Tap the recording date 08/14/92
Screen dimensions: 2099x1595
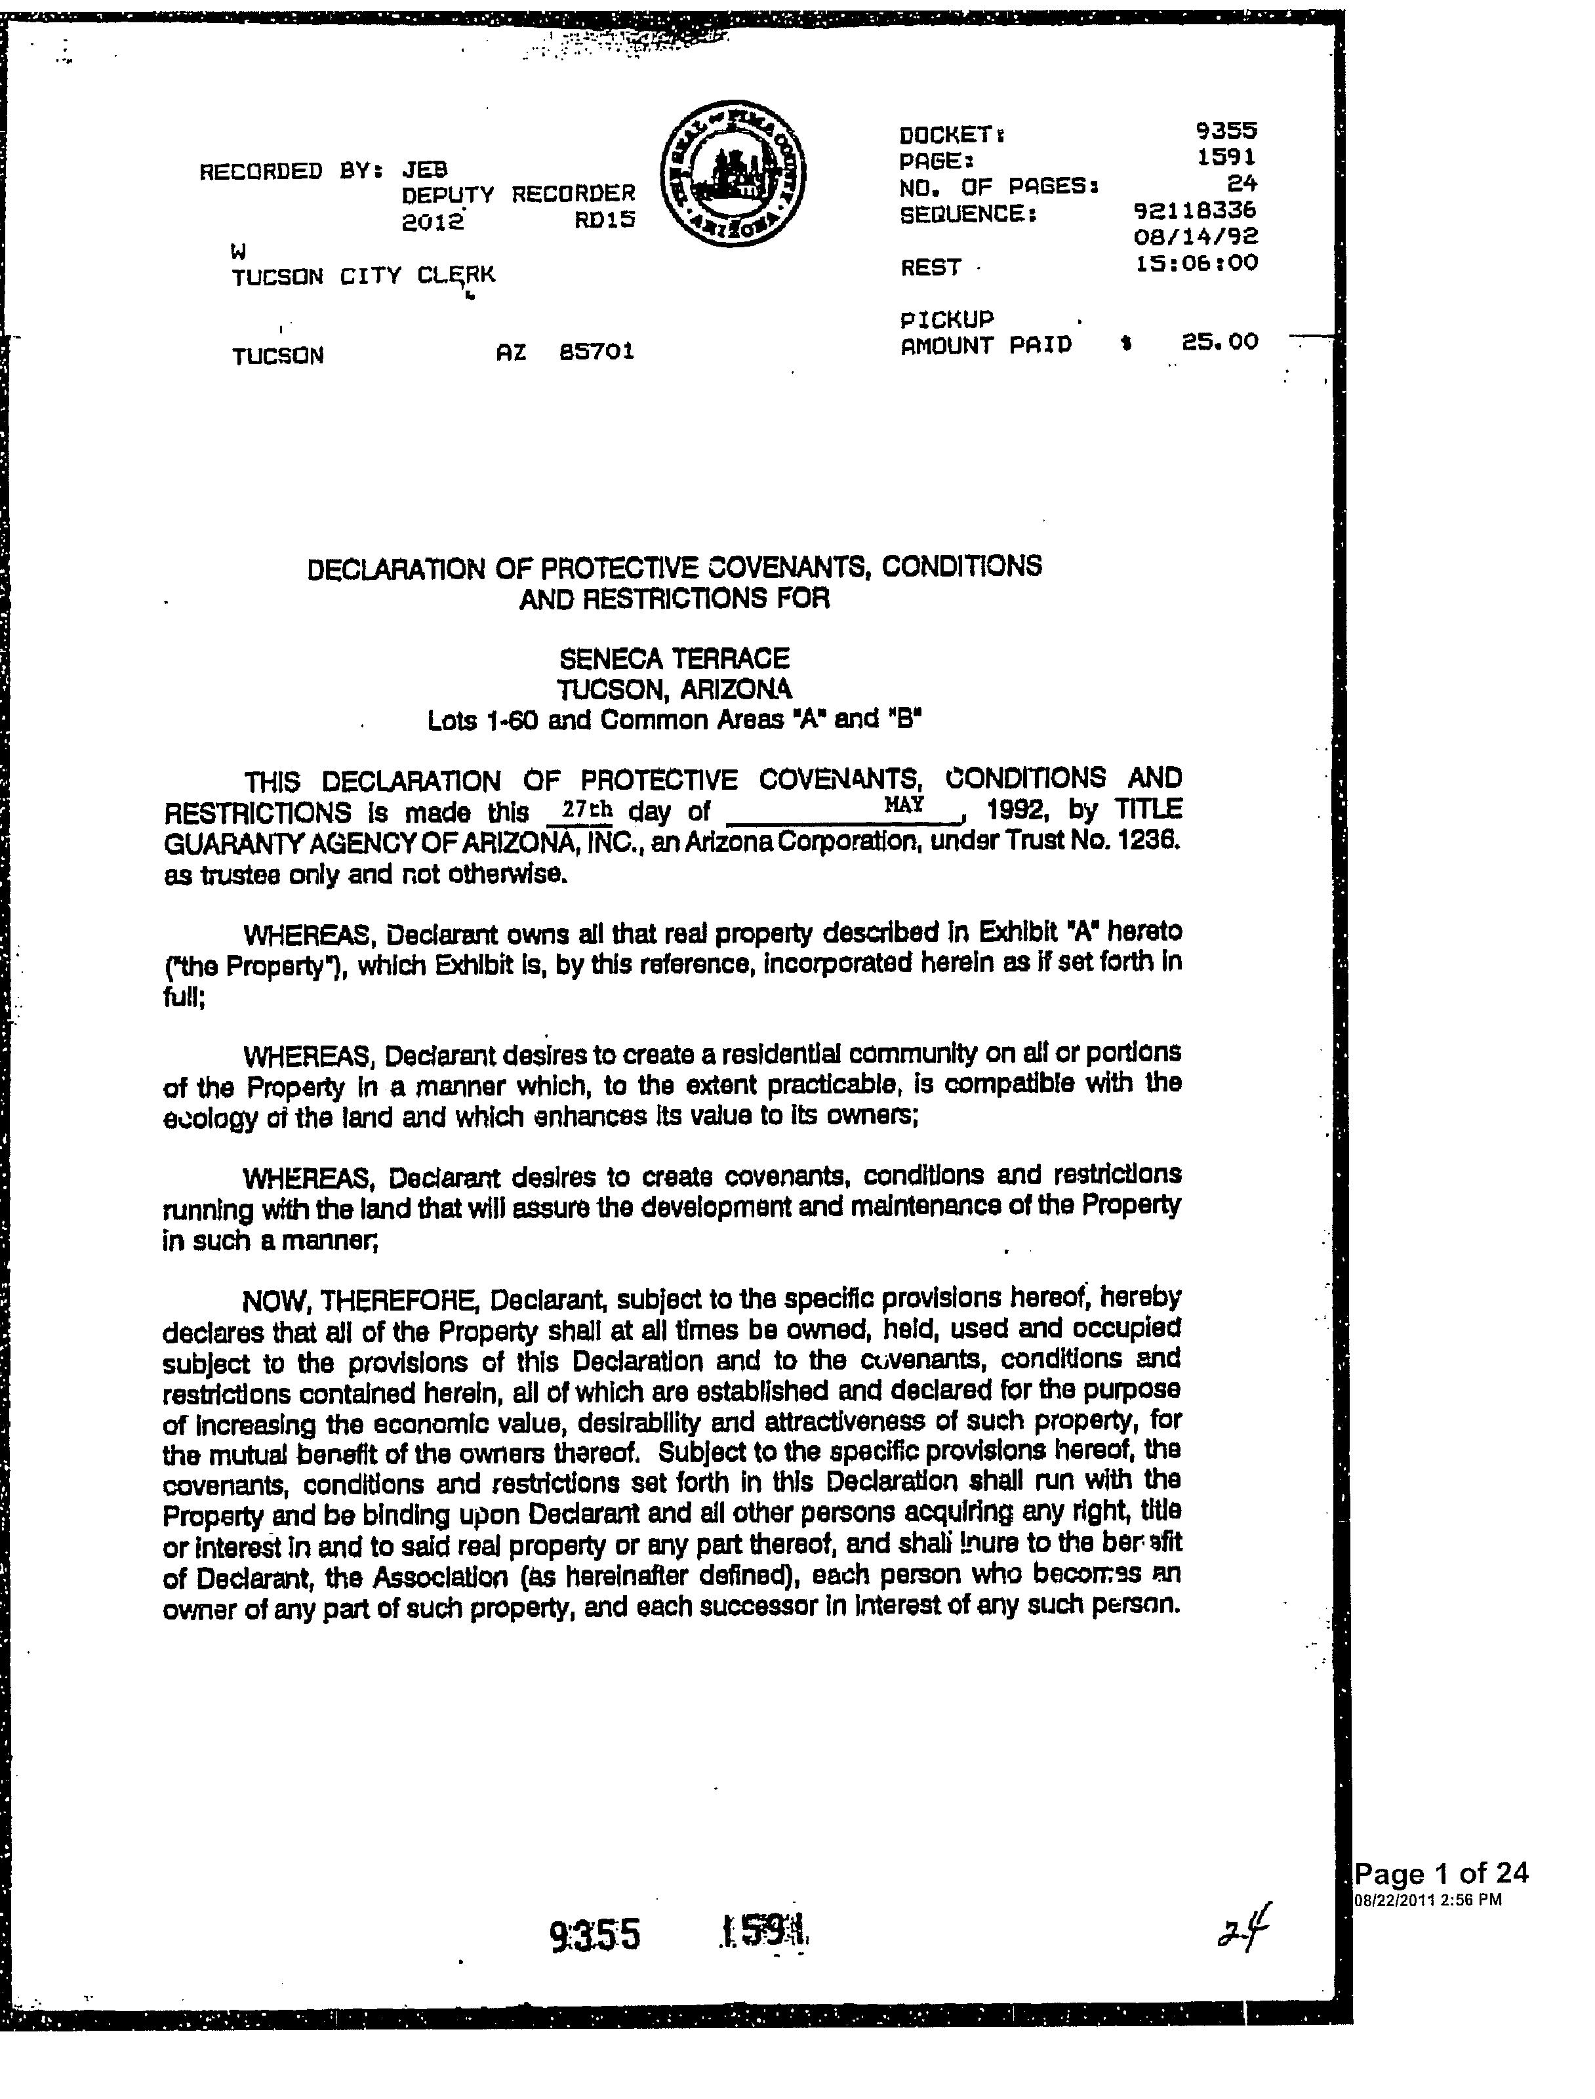(x=1196, y=235)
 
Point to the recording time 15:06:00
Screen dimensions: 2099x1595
(x=1196, y=262)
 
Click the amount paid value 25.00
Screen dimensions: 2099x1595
(x=1219, y=342)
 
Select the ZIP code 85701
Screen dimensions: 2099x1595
(x=596, y=352)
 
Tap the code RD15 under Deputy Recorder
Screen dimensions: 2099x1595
(x=604, y=221)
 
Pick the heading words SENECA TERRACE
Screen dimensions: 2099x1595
(x=674, y=659)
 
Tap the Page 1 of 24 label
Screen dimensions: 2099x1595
(x=1441, y=1873)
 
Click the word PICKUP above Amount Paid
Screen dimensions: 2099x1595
(x=946, y=319)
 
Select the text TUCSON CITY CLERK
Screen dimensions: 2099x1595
(x=363, y=276)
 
